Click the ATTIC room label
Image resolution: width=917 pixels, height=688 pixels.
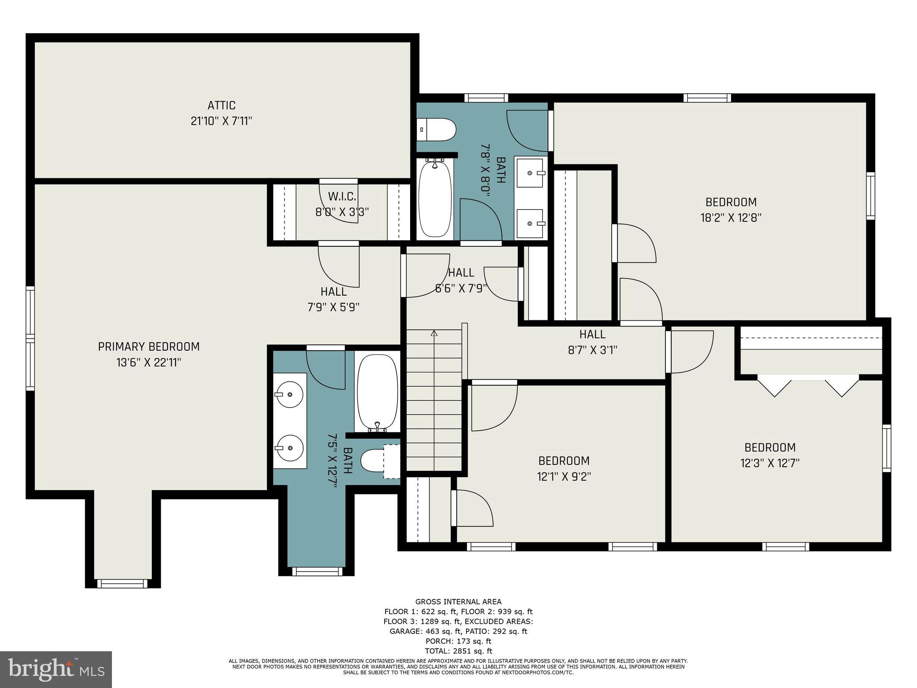pos(221,105)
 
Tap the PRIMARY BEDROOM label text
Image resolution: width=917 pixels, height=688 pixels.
pos(149,347)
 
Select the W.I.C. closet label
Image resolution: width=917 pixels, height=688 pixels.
pos(342,197)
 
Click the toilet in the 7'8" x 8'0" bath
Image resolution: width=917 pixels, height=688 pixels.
pos(437,130)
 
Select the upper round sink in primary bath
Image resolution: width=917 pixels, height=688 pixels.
pos(289,394)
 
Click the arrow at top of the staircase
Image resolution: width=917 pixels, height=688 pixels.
pos(434,333)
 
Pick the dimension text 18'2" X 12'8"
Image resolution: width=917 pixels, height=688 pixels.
pos(731,218)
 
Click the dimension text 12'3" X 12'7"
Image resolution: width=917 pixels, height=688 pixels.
pos(770,463)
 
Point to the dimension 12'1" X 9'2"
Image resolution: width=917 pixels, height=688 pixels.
pos(564,476)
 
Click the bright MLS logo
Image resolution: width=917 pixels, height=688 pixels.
pos(56,669)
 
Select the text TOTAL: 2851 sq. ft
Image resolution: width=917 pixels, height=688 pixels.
pos(458,651)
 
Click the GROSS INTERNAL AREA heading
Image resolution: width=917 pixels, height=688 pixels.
pos(458,602)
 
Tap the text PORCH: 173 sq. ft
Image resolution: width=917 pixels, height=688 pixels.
pos(458,641)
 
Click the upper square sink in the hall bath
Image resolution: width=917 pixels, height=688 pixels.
pos(530,172)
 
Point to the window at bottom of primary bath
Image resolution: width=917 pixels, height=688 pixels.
pos(317,571)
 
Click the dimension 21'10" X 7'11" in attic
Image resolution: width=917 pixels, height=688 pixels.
pos(221,121)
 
